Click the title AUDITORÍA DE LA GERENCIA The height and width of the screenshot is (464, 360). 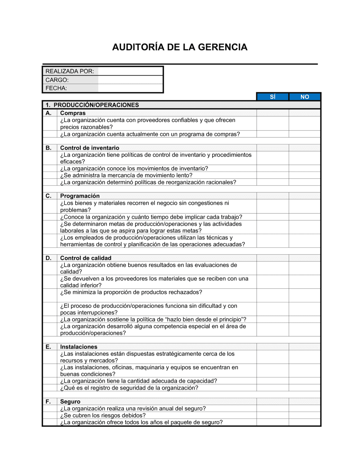(180, 47)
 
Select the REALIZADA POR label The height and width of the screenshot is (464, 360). (69, 71)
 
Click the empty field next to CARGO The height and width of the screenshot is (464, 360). (130, 80)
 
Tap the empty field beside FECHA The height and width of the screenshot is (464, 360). (130, 88)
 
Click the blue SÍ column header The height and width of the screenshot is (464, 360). (273, 97)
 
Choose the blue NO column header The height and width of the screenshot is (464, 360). (305, 97)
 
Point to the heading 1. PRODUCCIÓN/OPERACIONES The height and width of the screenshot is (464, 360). (92, 105)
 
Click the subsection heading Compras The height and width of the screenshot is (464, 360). (73, 113)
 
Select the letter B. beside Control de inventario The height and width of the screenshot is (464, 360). (49, 148)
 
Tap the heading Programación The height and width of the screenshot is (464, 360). (80, 196)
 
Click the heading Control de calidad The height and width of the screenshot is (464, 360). (86, 258)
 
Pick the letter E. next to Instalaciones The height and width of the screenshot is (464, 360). (48, 347)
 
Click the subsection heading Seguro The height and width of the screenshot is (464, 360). (70, 402)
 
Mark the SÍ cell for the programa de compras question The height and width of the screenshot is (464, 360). (273, 134)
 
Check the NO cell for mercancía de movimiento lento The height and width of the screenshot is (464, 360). (305, 176)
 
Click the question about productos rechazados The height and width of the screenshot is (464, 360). (131, 292)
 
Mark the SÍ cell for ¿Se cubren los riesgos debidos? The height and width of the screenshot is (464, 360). (273, 415)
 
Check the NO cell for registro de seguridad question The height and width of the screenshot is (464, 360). (305, 388)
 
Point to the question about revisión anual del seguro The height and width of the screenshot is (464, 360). (133, 409)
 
